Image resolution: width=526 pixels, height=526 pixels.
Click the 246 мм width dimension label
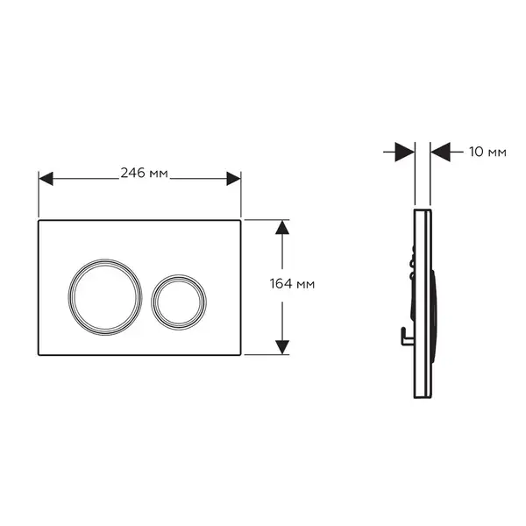(x=145, y=173)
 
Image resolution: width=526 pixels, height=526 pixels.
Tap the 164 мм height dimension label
(x=292, y=284)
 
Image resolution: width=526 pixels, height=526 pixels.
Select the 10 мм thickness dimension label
(x=487, y=152)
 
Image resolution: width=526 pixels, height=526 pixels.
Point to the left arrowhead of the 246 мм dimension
(x=46, y=179)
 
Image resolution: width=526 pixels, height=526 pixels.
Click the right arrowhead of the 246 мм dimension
(x=233, y=179)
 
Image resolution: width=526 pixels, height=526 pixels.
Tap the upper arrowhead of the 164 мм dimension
(x=282, y=227)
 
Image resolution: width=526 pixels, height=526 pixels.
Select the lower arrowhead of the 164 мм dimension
(x=282, y=347)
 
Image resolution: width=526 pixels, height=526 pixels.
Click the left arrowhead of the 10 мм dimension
(x=405, y=152)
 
